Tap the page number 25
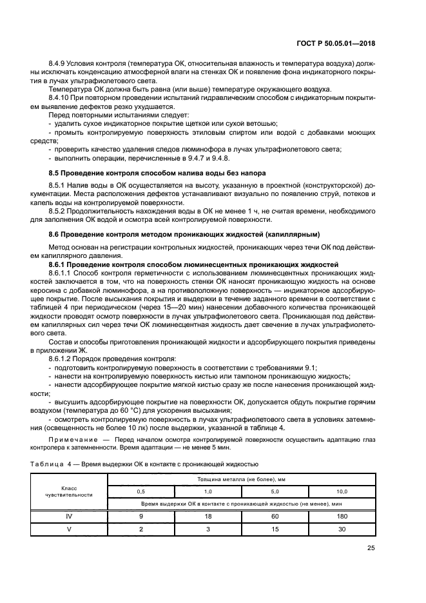[x=371, y=548]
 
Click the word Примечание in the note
[x=72, y=440]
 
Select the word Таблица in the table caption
[x=47, y=463]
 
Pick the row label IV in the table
[x=68, y=516]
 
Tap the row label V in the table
[x=68, y=529]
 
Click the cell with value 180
[x=342, y=516]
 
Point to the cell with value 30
[x=342, y=529]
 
